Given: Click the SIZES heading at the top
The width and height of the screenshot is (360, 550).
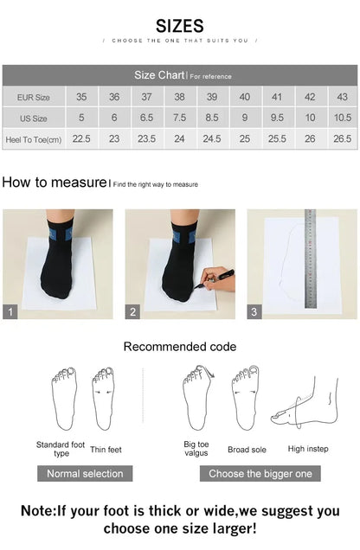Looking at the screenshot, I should tap(180, 25).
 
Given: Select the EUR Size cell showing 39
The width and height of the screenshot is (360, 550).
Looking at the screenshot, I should tap(212, 97).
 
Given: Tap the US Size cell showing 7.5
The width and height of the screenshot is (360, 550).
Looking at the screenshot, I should tap(179, 118).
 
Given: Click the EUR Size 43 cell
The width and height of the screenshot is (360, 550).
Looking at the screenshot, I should tap(342, 97).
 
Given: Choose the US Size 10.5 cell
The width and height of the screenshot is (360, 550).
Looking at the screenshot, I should tap(342, 118).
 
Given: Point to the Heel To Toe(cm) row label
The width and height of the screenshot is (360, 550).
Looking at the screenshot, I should tap(34, 138).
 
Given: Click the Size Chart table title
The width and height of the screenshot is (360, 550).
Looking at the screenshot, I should tap(157, 75).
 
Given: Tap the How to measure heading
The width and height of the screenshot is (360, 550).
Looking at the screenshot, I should tap(54, 182).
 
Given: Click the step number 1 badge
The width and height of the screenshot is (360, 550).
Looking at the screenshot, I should tap(10, 312).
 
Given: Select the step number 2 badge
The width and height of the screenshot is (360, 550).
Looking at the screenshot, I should tap(133, 312).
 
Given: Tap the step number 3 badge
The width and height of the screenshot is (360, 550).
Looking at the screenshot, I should tap(255, 312).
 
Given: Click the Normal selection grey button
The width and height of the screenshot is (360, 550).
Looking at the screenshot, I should tap(85, 473).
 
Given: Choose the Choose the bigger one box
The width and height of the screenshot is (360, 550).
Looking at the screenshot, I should tap(260, 473).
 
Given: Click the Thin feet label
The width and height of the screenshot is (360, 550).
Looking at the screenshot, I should tap(106, 449).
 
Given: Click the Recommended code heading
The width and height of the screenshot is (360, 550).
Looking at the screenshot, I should tap(179, 347).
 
